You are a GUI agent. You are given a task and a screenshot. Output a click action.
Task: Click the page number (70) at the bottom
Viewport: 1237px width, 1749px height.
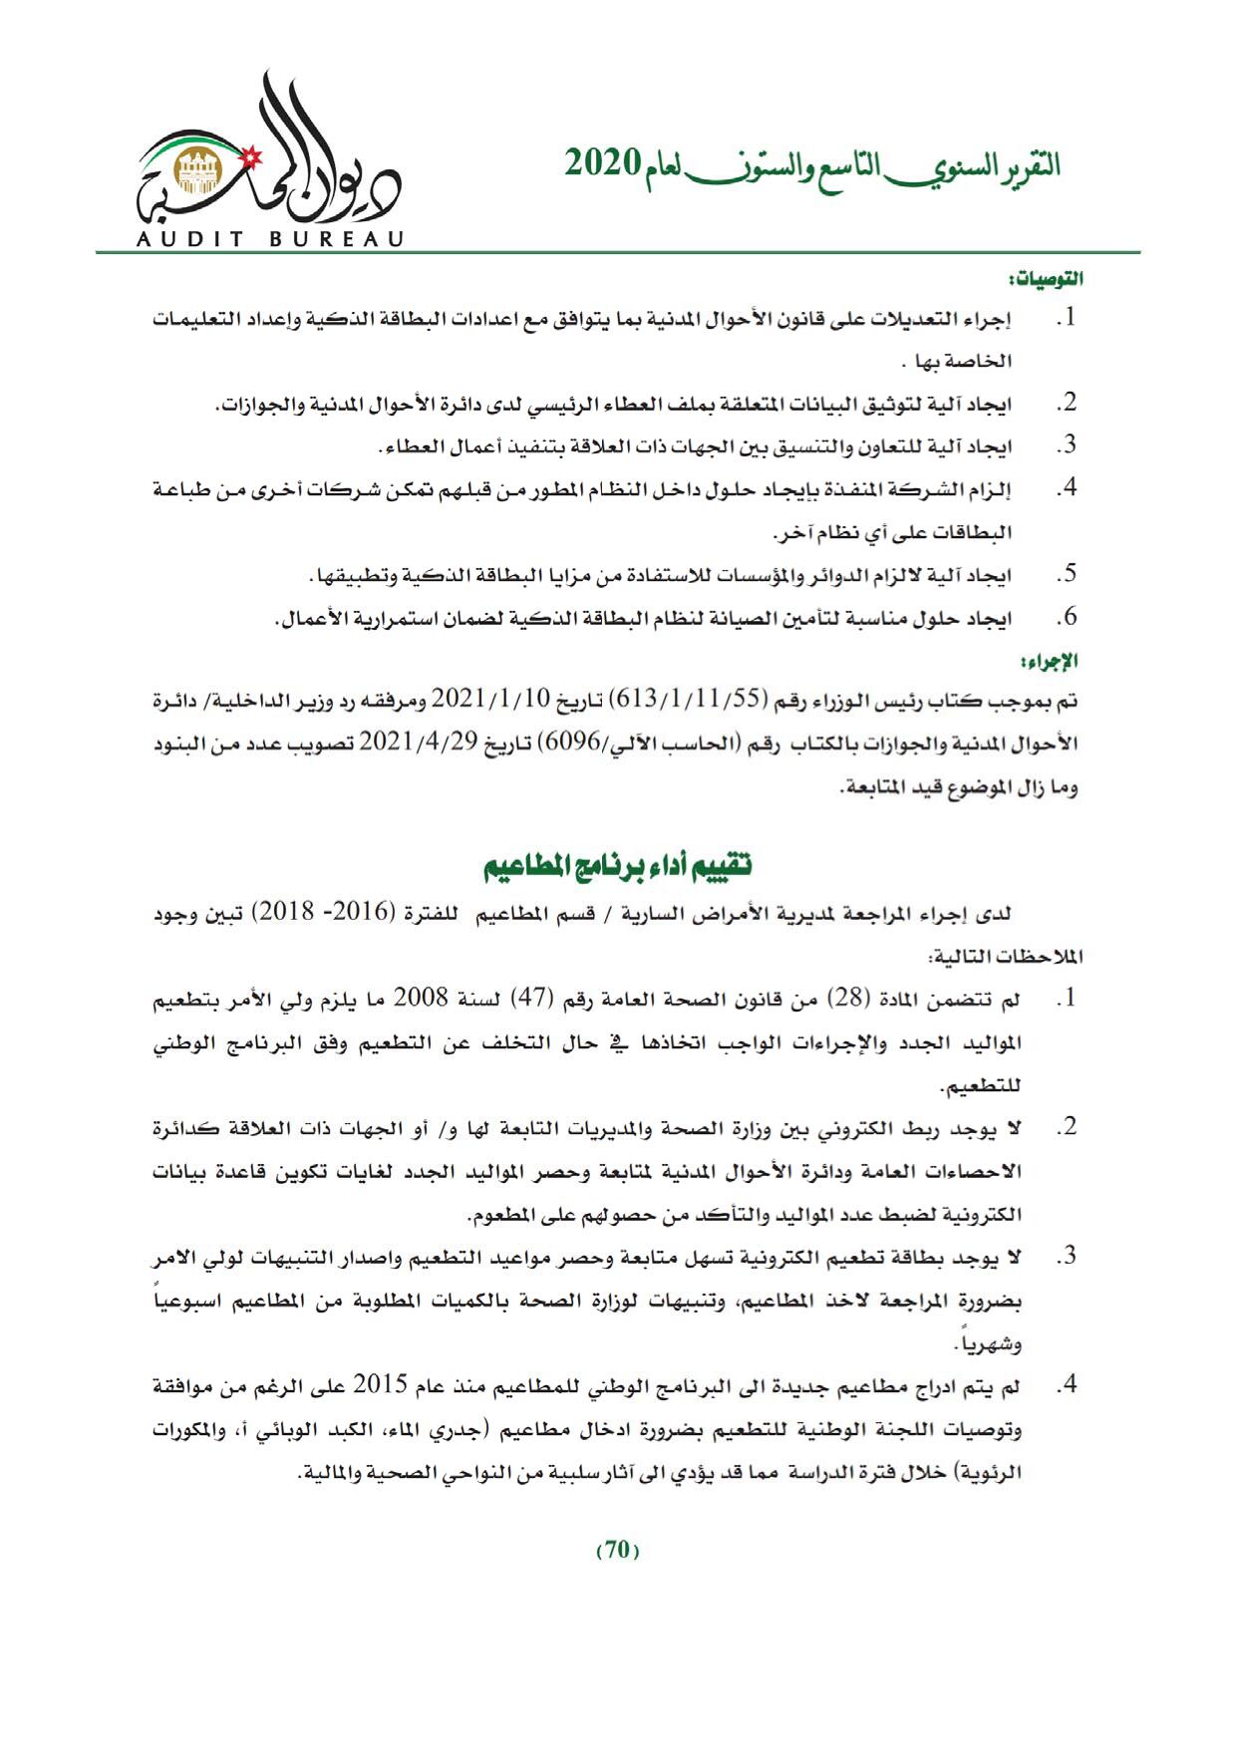(x=618, y=1550)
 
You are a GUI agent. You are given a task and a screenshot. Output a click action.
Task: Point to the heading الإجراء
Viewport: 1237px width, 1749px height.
(x=1060, y=661)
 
